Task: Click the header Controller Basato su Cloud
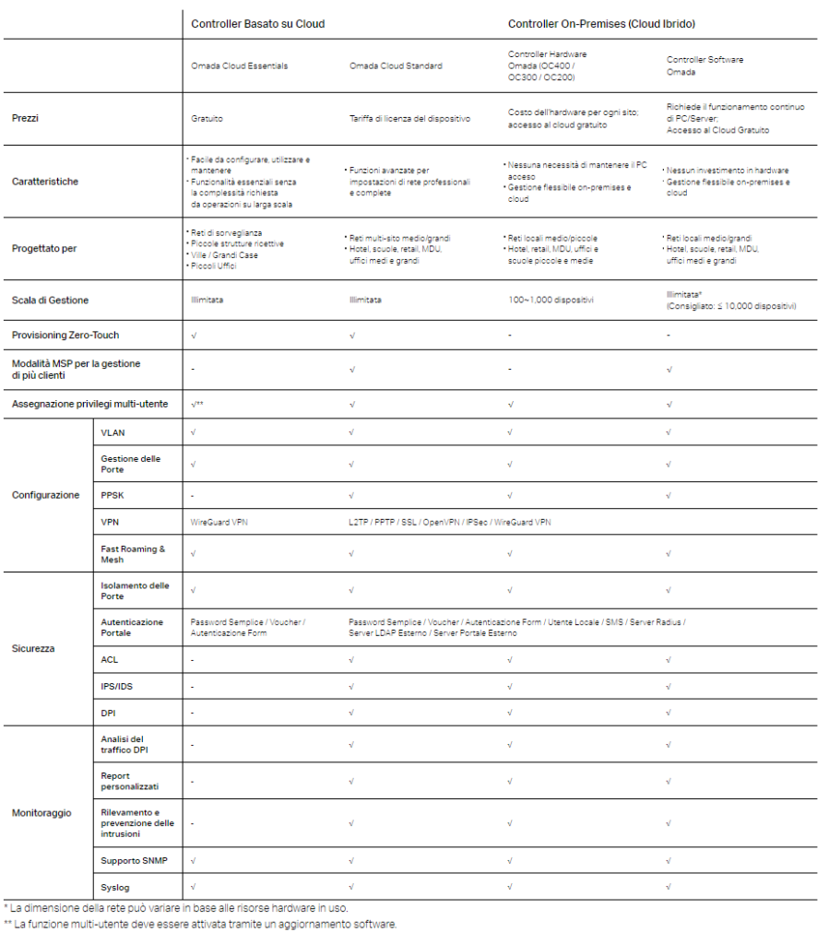pyautogui.click(x=257, y=24)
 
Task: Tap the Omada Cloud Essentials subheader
pyautogui.click(x=239, y=66)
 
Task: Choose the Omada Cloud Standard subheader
pyautogui.click(x=396, y=66)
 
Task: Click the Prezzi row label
pyautogui.click(x=26, y=118)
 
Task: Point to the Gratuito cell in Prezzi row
pyautogui.click(x=207, y=118)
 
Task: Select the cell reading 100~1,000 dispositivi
pyautogui.click(x=551, y=301)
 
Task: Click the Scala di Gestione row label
pyautogui.click(x=50, y=301)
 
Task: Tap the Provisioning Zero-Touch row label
pyautogui.click(x=65, y=335)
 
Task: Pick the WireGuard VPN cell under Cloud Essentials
pyautogui.click(x=219, y=522)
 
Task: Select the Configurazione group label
pyautogui.click(x=45, y=495)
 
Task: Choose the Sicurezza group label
pyautogui.click(x=33, y=648)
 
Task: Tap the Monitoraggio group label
pyautogui.click(x=41, y=813)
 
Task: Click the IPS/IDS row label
pyautogui.click(x=116, y=687)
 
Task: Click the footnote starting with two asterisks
pyautogui.click(x=200, y=924)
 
